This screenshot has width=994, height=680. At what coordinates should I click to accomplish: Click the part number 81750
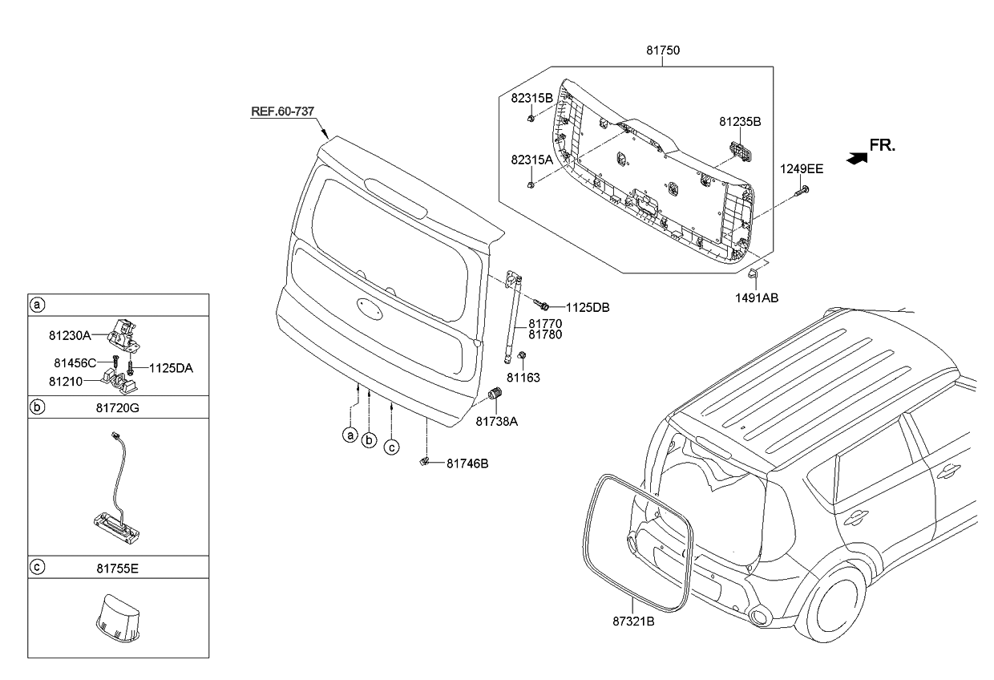pyautogui.click(x=663, y=50)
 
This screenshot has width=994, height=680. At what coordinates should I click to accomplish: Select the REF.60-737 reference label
pyautogui.click(x=282, y=111)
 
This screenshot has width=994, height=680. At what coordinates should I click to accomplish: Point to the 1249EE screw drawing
pyautogui.click(x=801, y=191)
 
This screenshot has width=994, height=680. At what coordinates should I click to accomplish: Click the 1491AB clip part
pyautogui.click(x=753, y=275)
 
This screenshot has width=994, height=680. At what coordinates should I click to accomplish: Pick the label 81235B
pyautogui.click(x=739, y=122)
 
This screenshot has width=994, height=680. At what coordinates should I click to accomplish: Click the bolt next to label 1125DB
pyautogui.click(x=541, y=305)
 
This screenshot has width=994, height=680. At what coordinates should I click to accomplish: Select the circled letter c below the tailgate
pyautogui.click(x=390, y=447)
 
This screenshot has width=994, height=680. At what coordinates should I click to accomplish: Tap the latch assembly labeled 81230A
pyautogui.click(x=126, y=330)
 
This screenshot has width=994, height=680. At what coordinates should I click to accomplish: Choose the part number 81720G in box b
pyautogui.click(x=118, y=407)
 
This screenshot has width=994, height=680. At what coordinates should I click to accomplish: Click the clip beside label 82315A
pyautogui.click(x=531, y=185)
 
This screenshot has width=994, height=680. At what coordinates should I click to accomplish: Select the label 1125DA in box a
pyautogui.click(x=172, y=368)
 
